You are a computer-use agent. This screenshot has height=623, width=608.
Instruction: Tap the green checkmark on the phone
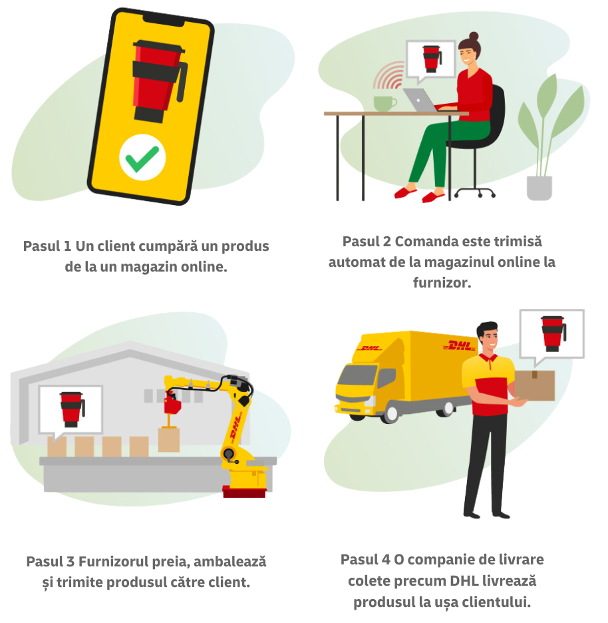click(142, 158)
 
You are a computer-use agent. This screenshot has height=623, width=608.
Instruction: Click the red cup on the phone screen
click(156, 80)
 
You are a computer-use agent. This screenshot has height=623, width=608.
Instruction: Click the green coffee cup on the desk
click(384, 103)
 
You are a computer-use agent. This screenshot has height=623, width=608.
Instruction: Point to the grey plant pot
click(539, 188)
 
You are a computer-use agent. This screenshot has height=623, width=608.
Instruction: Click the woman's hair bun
click(474, 36)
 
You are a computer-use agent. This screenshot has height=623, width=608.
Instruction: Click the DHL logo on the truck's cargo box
click(460, 346)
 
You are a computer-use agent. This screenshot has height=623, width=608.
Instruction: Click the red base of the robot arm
click(244, 492)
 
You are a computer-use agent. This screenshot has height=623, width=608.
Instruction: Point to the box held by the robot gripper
click(169, 439)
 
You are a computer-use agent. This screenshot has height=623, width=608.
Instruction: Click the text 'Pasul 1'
click(47, 246)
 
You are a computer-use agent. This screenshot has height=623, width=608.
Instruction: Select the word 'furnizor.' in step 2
click(442, 283)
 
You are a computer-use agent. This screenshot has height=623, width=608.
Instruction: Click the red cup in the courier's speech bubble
click(551, 332)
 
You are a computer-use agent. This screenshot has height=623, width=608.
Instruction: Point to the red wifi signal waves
click(390, 77)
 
